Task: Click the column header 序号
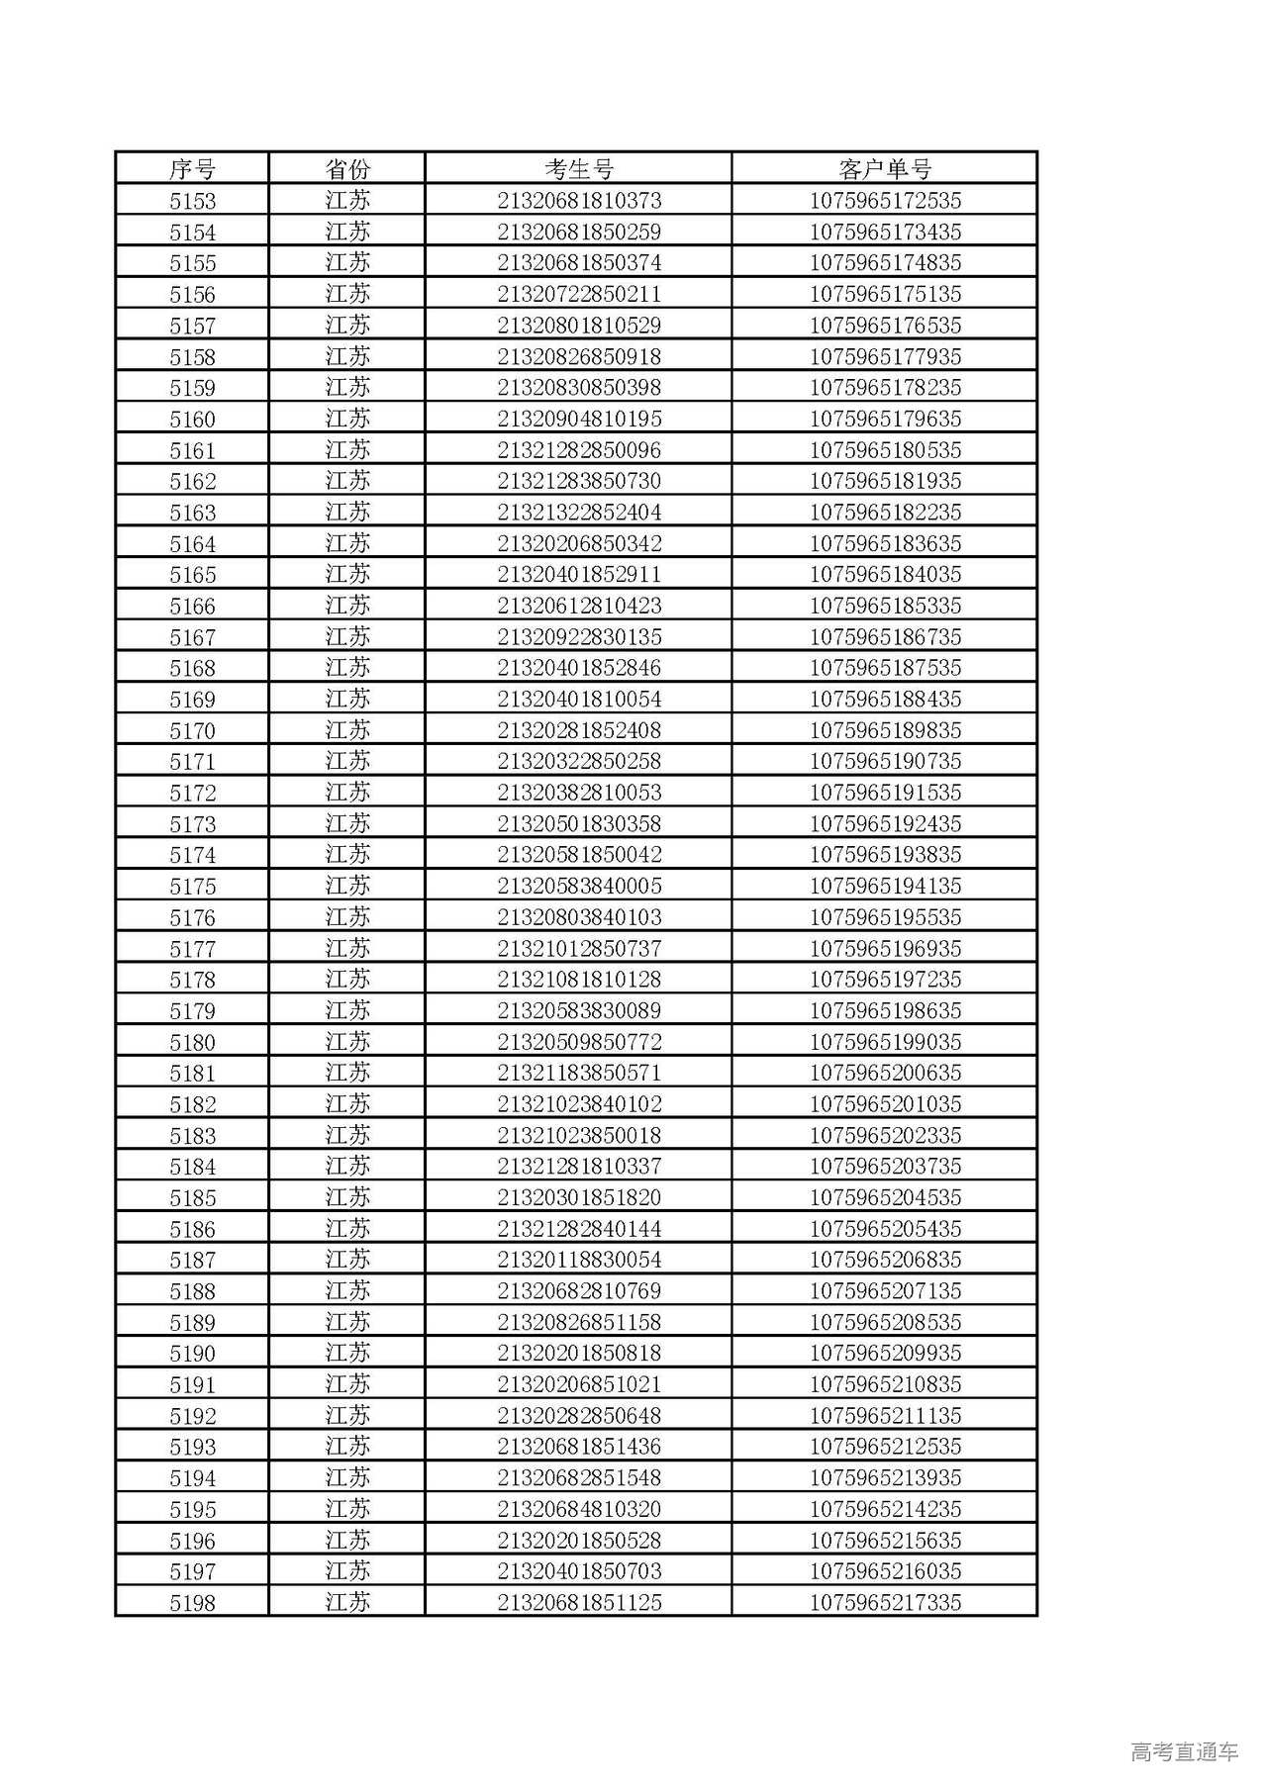pos(192,169)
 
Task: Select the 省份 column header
pos(347,169)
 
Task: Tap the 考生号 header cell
pos(579,169)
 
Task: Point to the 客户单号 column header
pos(885,169)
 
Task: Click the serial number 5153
pos(192,201)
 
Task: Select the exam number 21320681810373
pos(579,201)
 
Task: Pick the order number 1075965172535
pos(885,201)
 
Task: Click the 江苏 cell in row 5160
pos(347,419)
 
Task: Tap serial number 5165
pos(192,575)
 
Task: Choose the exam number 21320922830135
pos(579,637)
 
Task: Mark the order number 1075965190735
pos(885,762)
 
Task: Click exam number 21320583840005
pos(579,887)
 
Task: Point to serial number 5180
pos(192,1042)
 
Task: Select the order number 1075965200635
pos(885,1073)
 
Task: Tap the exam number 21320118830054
pos(579,1260)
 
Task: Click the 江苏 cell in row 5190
pos(347,1353)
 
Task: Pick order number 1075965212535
pos(885,1447)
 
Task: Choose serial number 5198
pos(192,1603)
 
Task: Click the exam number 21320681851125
pos(579,1603)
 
